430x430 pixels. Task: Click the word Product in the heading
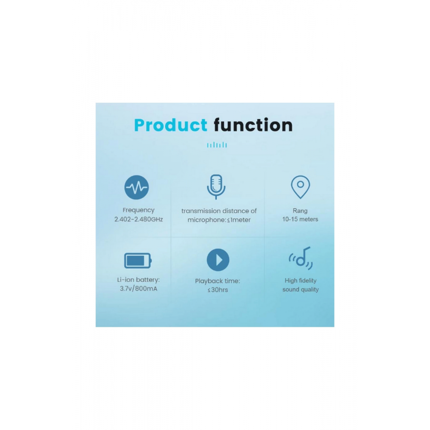tap(171, 125)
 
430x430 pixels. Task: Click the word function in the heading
tap(253, 125)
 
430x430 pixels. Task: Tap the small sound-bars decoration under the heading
tap(217, 144)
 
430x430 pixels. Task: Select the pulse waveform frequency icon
tap(137, 187)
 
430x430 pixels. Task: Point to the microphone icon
tap(216, 187)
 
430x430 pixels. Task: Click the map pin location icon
tap(300, 187)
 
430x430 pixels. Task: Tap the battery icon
tap(138, 260)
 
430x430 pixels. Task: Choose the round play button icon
tap(218, 260)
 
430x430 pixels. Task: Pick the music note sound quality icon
tap(301, 258)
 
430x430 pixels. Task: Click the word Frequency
tap(138, 210)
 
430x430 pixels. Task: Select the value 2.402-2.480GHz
tap(138, 219)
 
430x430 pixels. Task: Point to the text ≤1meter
tap(239, 220)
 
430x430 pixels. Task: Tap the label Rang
tap(300, 211)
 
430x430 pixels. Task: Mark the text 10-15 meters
tap(300, 219)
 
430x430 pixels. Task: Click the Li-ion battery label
tap(138, 280)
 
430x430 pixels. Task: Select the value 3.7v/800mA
tap(138, 289)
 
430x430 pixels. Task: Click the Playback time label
tap(218, 281)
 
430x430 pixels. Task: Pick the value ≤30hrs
tap(218, 290)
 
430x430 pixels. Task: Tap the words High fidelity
tap(301, 280)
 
